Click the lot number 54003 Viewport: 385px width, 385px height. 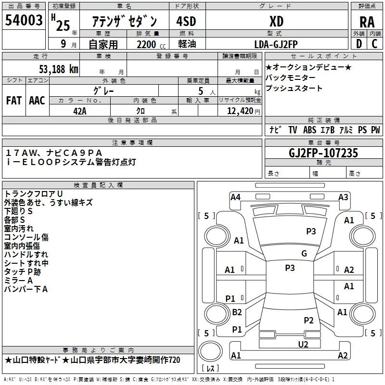pos(24,21)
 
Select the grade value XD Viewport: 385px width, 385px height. pos(276,22)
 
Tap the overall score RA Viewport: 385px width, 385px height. pos(367,22)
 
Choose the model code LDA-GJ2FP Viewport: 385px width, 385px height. pos(276,44)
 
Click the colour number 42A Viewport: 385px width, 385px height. pos(80,110)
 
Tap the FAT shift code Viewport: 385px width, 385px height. pos(14,100)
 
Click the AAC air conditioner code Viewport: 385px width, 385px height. pos(37,100)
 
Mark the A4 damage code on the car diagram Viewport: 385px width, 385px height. pos(235,196)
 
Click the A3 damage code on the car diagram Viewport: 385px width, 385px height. pos(343,196)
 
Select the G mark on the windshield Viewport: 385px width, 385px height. pos(304,254)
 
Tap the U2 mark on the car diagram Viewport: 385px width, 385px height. pos(303,344)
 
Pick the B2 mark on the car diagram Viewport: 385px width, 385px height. pos(237,312)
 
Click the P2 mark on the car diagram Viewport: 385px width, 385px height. pos(308,320)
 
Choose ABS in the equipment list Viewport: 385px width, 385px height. pos(310,130)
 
